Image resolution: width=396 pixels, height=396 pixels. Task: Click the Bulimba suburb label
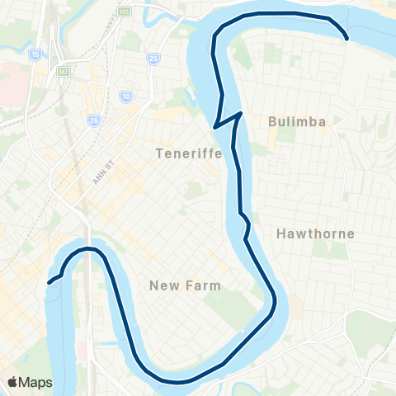pos(297,121)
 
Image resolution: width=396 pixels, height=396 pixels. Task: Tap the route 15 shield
pos(35,55)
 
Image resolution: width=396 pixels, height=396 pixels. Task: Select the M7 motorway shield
pos(63,72)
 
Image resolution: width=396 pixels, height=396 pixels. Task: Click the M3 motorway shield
pos(124,12)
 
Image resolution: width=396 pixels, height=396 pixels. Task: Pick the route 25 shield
pos(153,58)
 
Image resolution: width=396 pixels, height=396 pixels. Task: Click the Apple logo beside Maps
pos(12,382)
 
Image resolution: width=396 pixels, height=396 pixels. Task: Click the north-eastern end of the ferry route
pos(347,38)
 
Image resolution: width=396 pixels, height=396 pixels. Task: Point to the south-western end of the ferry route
pos(49,282)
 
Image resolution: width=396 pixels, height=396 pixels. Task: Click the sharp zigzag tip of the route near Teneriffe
pos(214,127)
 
